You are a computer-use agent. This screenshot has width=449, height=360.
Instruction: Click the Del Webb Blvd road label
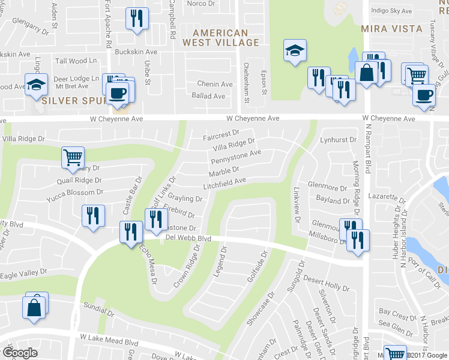pyautogui.click(x=188, y=238)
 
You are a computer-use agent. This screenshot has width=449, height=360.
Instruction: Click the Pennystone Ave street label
pyautogui.click(x=236, y=157)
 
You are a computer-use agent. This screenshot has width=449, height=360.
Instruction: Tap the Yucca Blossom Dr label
pyautogui.click(x=75, y=193)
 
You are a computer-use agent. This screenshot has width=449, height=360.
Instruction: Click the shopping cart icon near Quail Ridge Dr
pyautogui.click(x=72, y=157)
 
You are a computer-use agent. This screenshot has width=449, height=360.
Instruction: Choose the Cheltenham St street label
pyautogui.click(x=246, y=80)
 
